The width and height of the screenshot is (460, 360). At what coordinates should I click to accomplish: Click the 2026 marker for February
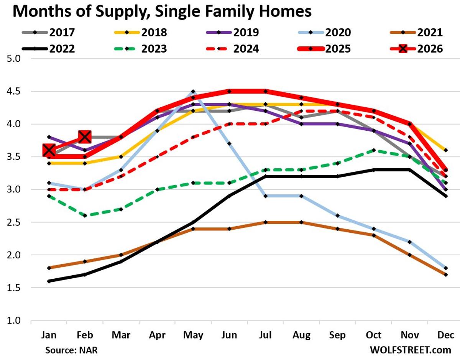(85, 136)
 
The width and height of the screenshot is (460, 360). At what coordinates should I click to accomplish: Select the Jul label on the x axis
(266, 335)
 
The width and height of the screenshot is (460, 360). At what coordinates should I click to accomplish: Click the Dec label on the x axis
(446, 335)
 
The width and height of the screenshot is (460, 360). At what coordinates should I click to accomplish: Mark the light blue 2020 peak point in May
(193, 92)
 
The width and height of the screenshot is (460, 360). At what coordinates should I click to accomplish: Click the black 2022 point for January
(49, 281)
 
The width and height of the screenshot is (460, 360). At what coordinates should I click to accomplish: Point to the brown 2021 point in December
(446, 275)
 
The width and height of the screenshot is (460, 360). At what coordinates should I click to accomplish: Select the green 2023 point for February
(85, 215)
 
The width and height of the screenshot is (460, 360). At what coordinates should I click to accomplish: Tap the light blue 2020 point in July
(266, 196)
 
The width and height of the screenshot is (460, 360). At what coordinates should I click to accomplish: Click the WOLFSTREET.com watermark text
(411, 350)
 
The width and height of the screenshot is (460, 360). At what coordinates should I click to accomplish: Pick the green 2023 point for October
(374, 150)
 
